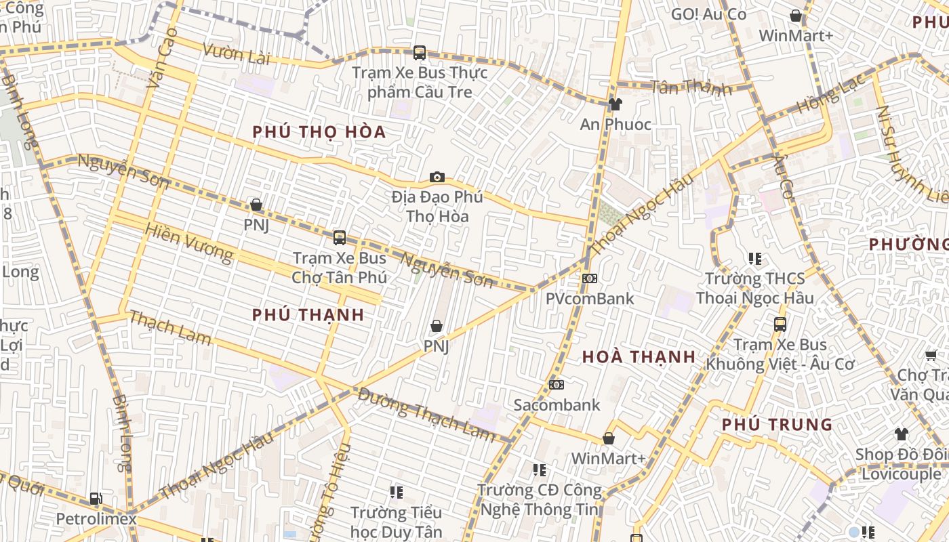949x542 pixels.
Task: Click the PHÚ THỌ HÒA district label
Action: pyautogui.click(x=319, y=131)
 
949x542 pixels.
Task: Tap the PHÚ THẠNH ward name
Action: pyautogui.click(x=308, y=314)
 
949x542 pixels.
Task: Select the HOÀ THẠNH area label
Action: pyautogui.click(x=639, y=357)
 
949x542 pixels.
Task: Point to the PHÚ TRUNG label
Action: pyautogui.click(x=777, y=425)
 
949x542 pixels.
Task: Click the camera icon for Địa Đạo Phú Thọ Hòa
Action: pyautogui.click(x=437, y=178)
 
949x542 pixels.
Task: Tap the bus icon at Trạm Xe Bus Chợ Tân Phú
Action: pyautogui.click(x=340, y=238)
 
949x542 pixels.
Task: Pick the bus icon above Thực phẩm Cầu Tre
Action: pyautogui.click(x=420, y=53)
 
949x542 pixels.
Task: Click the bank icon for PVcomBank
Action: pyautogui.click(x=590, y=278)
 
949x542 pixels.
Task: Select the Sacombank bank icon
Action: pyautogui.click(x=557, y=385)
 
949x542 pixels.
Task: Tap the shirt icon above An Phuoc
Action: pyautogui.click(x=615, y=104)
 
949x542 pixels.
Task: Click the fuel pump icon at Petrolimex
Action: pyautogui.click(x=96, y=499)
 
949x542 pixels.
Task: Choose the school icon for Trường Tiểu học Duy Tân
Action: pyautogui.click(x=397, y=493)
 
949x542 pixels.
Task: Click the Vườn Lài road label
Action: pyautogui.click(x=236, y=54)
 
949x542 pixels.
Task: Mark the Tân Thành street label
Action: pyautogui.click(x=691, y=87)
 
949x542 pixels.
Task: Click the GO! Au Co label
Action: pyautogui.click(x=708, y=14)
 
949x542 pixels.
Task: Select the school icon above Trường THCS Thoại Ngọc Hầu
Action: pyautogui.click(x=754, y=259)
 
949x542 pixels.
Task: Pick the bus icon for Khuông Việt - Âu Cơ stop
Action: pyautogui.click(x=780, y=325)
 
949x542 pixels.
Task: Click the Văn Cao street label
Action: pyautogui.click(x=161, y=58)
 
